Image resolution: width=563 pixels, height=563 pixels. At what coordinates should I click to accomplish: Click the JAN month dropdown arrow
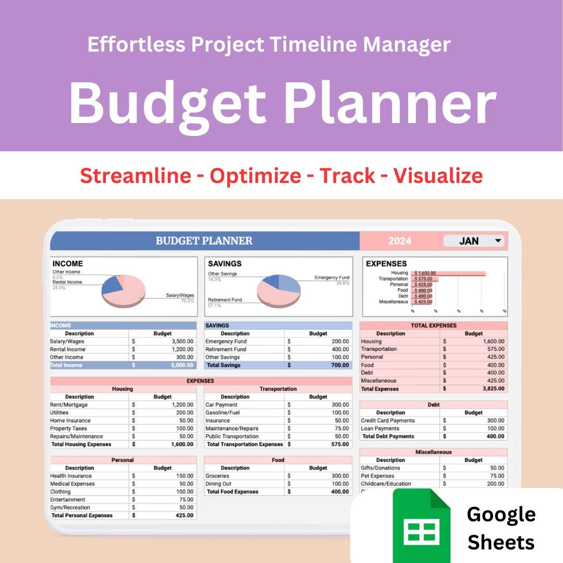(498, 241)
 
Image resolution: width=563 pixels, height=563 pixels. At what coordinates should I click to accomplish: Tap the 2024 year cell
(399, 241)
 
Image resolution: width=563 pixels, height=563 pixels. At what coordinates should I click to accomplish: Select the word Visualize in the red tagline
(438, 176)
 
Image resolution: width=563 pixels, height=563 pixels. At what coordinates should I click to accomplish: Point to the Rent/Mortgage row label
(69, 405)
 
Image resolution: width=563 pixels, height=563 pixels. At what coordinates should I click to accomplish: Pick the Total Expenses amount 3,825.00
(485, 389)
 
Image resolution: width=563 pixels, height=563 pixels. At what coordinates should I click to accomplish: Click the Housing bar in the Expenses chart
(448, 273)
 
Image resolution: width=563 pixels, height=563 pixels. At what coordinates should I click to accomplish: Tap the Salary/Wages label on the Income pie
(180, 296)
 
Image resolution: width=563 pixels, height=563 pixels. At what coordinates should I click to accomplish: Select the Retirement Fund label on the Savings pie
(225, 300)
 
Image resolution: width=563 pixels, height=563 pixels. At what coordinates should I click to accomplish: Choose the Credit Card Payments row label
(388, 421)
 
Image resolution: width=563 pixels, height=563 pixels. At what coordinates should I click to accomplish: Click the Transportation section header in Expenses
(278, 389)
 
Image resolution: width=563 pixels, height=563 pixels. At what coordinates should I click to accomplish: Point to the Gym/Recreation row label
(70, 508)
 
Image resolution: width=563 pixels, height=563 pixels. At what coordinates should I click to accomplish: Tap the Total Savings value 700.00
(338, 365)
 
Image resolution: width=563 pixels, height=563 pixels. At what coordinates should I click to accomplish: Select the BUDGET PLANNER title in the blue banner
(204, 241)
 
